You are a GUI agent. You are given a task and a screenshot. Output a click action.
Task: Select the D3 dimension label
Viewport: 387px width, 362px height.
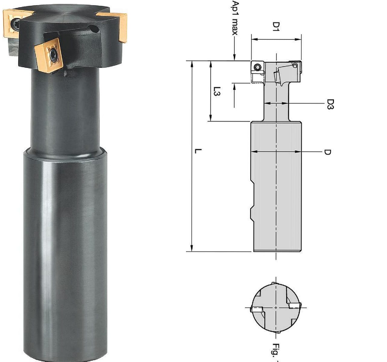click(330, 104)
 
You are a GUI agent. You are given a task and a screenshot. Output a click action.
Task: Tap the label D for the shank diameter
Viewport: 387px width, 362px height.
click(328, 152)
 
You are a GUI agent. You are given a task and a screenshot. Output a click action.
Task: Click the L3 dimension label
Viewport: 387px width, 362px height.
click(217, 91)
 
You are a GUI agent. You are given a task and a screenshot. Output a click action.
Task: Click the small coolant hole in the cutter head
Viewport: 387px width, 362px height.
click(95, 29)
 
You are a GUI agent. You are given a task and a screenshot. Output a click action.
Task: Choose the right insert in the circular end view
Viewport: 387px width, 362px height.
click(294, 306)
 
